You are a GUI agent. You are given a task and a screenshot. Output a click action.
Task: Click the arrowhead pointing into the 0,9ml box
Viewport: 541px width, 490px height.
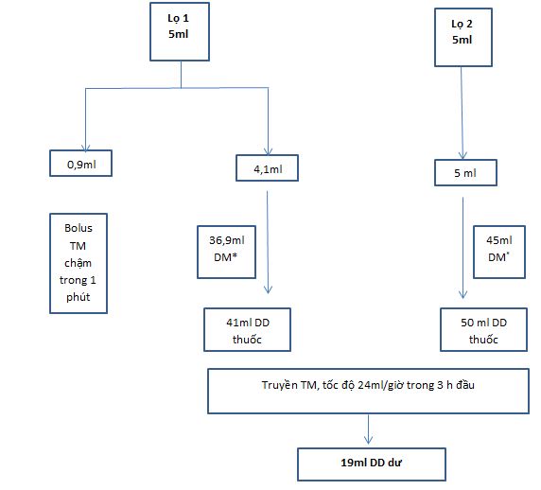(85, 148)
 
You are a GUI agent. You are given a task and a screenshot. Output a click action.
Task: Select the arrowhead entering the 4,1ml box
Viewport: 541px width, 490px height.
(268, 151)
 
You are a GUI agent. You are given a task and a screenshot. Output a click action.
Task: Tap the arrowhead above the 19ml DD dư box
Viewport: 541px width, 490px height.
(369, 440)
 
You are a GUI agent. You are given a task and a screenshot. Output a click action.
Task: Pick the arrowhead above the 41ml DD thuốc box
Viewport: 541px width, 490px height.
(268, 289)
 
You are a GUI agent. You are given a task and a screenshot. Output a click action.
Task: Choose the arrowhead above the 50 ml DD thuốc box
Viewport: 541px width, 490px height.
(463, 294)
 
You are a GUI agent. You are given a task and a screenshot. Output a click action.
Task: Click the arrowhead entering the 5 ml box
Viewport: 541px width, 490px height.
(462, 155)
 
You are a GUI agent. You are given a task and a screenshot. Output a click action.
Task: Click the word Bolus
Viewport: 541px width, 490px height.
(79, 228)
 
